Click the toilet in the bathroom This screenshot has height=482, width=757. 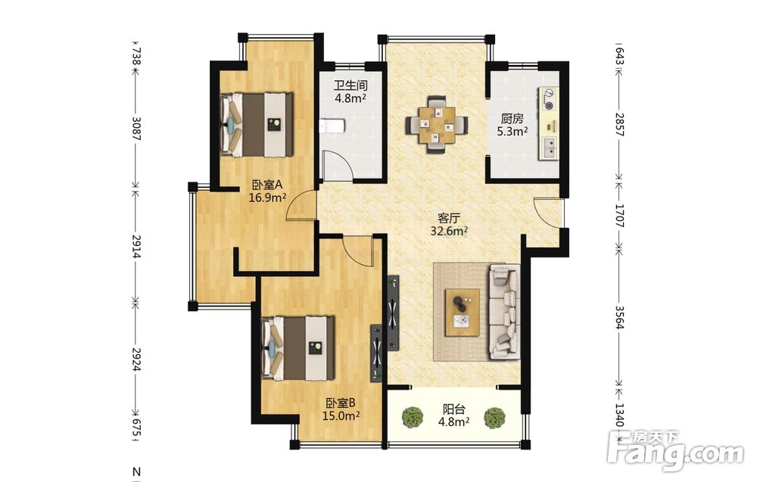(x=332, y=127)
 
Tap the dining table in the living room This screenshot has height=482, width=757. (x=437, y=126)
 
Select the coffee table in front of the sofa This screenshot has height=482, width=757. (x=462, y=313)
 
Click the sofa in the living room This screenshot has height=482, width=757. (x=504, y=312)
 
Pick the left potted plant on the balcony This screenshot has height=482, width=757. (x=413, y=418)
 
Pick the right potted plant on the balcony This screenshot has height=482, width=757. (x=494, y=418)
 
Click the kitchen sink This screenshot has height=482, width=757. (x=550, y=148)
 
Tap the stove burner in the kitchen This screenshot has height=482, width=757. (x=548, y=98)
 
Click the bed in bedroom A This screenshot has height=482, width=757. (x=257, y=124)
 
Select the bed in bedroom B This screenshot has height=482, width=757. (x=298, y=348)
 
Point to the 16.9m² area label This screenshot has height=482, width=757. (x=267, y=197)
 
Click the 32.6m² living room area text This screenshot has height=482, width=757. (x=450, y=231)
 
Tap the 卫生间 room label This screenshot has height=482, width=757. (x=350, y=86)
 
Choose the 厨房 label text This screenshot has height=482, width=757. (x=512, y=119)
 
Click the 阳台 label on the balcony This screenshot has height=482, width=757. (x=453, y=409)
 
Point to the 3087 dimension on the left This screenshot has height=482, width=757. (x=136, y=129)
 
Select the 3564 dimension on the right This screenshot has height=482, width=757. (x=619, y=317)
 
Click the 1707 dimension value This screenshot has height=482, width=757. (x=619, y=216)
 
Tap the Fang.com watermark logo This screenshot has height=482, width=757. (x=676, y=451)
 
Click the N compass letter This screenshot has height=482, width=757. (x=136, y=471)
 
